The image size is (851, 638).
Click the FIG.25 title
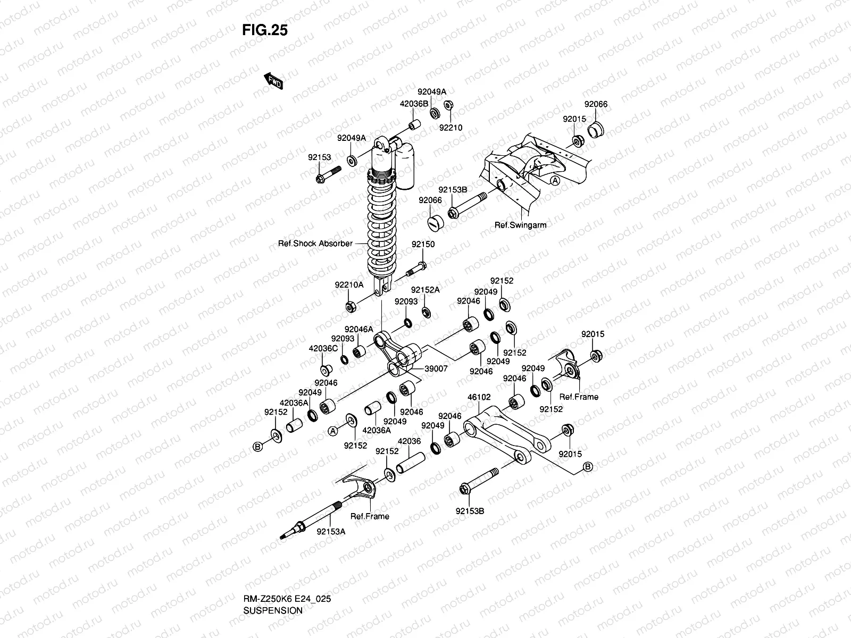coord(264,31)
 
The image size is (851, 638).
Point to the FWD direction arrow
coord(273,81)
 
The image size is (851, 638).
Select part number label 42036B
coord(414,104)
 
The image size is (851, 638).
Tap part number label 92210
coord(450,128)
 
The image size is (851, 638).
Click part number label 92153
coord(319,157)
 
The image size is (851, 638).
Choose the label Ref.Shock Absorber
coord(315,244)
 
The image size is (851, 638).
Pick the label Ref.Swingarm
coord(520,225)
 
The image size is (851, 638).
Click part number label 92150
coord(422,245)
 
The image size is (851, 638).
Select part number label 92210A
coord(349,285)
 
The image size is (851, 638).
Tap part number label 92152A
coord(425,290)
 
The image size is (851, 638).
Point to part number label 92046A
coord(358,330)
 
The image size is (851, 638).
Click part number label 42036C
coord(323,349)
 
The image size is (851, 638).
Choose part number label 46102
coord(479,397)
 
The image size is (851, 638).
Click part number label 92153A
coord(331,531)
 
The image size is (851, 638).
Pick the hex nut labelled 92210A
coord(351,307)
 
